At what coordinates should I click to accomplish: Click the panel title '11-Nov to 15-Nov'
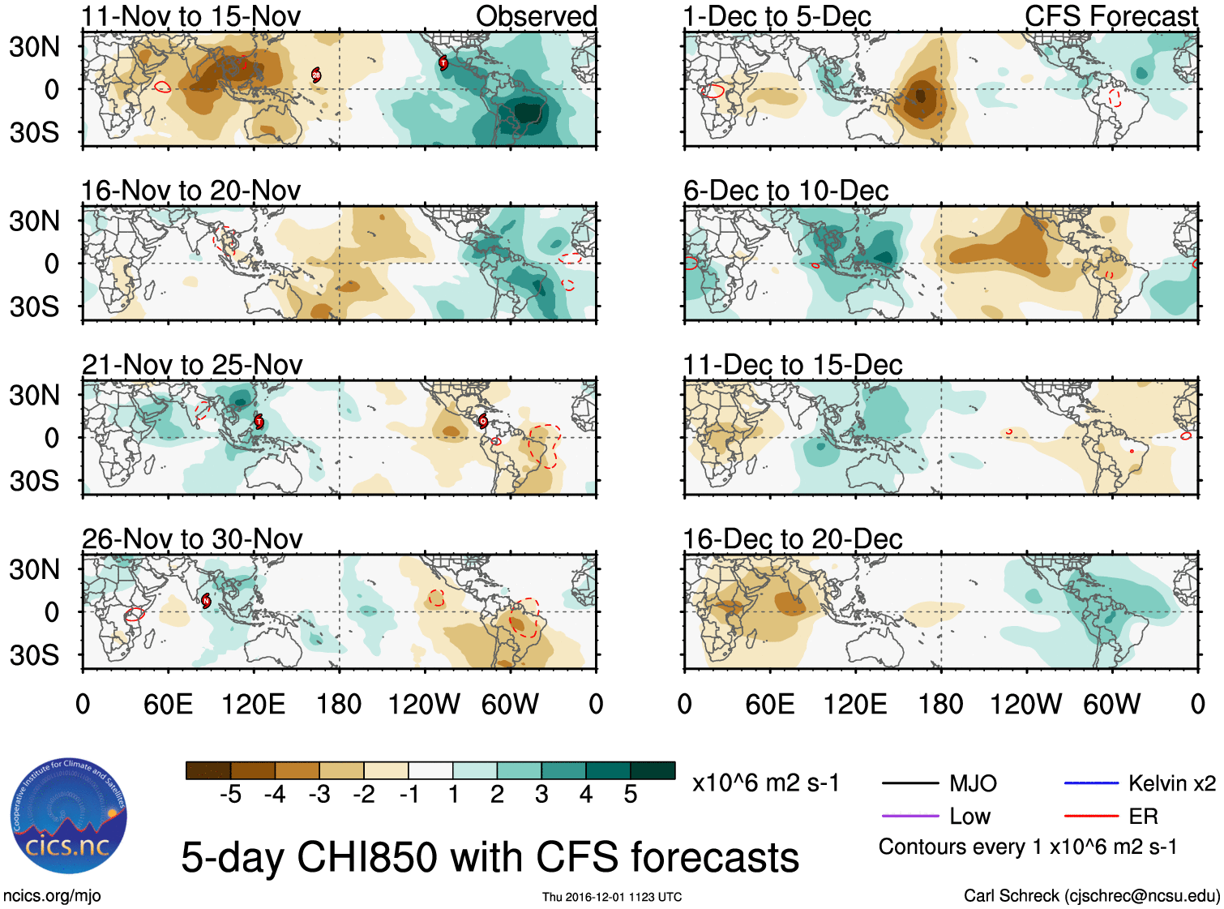click(190, 16)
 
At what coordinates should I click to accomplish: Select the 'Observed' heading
click(536, 16)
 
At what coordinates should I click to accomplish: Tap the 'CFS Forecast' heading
click(1111, 16)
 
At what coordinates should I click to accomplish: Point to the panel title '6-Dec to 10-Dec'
click(785, 191)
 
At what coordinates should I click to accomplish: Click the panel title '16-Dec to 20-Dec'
click(792, 539)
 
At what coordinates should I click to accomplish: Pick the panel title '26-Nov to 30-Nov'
click(192, 539)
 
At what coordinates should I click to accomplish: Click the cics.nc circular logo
click(68, 816)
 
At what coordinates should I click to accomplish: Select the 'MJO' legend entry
click(972, 783)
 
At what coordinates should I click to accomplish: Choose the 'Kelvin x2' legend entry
click(1171, 783)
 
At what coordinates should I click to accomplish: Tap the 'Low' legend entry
click(969, 817)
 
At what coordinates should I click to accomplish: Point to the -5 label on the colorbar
click(230, 795)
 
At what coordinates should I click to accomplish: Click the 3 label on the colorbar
click(541, 795)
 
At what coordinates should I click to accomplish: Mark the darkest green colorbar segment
click(653, 770)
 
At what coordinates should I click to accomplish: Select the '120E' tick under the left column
click(253, 704)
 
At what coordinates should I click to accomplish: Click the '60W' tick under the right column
click(1111, 704)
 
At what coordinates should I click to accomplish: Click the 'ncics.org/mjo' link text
click(52, 896)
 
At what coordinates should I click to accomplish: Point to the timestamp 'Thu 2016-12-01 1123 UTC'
click(612, 897)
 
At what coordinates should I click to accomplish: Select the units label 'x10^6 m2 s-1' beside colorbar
click(765, 783)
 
